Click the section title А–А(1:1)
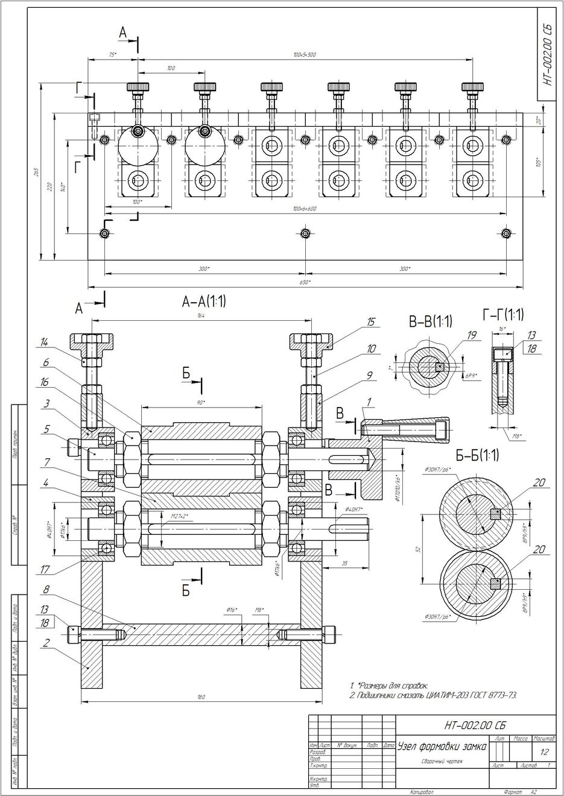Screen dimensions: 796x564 [x=204, y=301]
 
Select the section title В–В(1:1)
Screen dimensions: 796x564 [x=431, y=321]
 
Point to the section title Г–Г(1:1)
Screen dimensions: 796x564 [x=503, y=314]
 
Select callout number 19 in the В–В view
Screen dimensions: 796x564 [x=472, y=335]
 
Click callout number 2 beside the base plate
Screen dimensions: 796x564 [x=46, y=643]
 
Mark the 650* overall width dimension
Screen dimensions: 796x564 [x=305, y=282]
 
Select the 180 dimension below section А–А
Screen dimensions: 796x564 [x=201, y=697]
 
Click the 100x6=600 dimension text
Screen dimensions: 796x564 [x=305, y=209]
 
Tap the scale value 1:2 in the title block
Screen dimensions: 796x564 [x=545, y=753]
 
